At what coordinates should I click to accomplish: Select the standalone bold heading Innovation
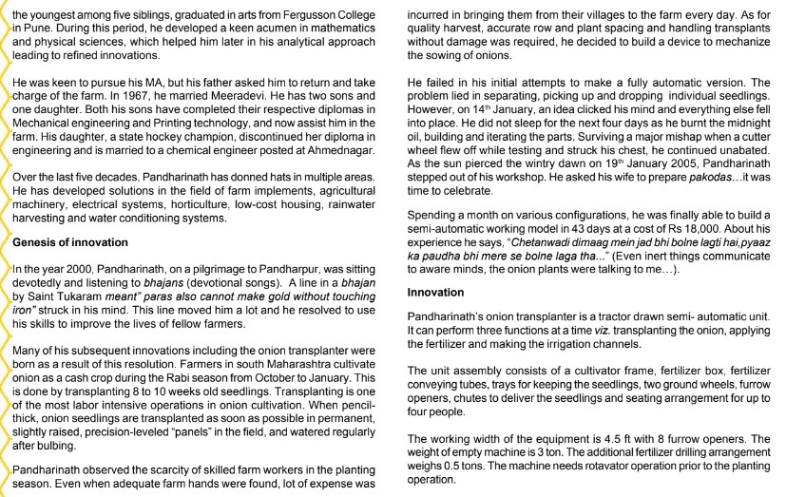pyautogui.click(x=437, y=292)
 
